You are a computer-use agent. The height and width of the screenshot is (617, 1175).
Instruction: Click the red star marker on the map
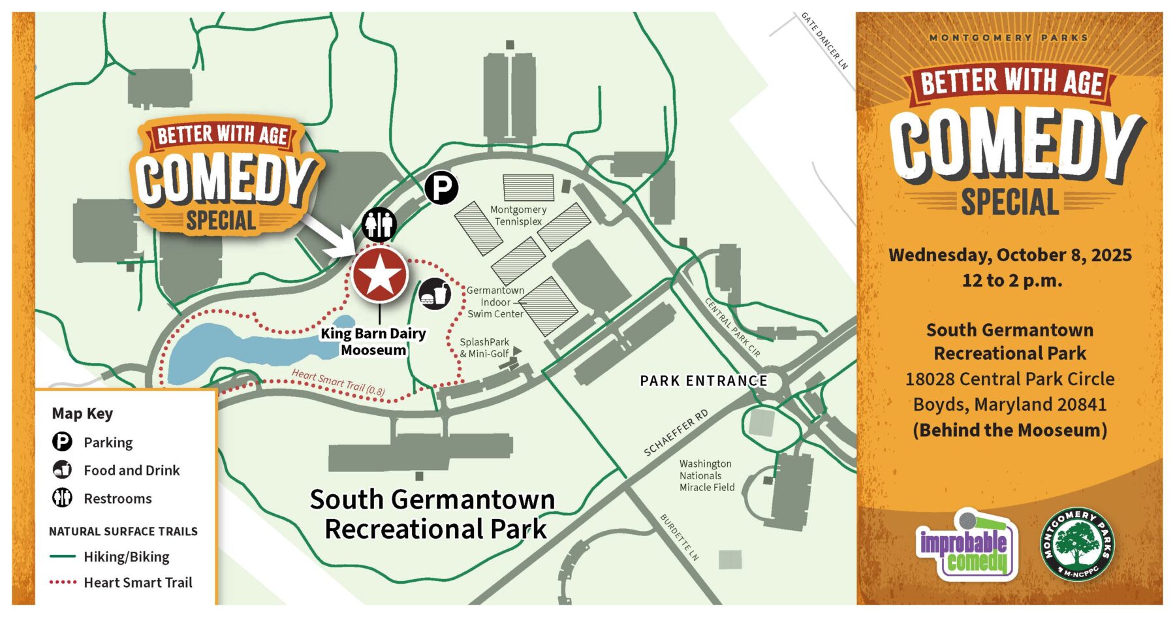(x=380, y=275)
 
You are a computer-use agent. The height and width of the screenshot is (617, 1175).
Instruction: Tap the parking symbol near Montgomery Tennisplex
(x=441, y=188)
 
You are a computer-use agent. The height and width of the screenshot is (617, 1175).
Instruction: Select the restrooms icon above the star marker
(x=379, y=225)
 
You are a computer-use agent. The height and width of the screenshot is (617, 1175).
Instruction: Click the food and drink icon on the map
(x=435, y=294)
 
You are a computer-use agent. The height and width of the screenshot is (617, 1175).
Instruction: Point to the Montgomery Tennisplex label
(x=518, y=215)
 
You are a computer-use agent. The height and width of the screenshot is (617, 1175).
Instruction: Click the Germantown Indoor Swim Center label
(x=495, y=302)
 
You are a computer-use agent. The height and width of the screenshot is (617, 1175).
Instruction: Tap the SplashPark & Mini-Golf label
(x=484, y=347)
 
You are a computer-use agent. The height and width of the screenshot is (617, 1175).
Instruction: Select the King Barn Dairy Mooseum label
(x=373, y=341)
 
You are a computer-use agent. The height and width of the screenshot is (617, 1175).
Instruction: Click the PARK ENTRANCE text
(x=703, y=381)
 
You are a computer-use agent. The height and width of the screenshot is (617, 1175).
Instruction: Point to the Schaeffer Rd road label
(x=676, y=433)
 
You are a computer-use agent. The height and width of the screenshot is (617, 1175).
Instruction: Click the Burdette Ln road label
(x=680, y=537)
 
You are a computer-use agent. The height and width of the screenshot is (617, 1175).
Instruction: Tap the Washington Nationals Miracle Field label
(x=706, y=475)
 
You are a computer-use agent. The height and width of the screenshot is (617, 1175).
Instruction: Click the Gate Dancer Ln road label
(x=824, y=40)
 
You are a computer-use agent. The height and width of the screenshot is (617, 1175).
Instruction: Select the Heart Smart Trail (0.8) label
(x=338, y=383)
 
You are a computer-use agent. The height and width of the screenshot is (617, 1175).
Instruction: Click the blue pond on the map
(x=248, y=353)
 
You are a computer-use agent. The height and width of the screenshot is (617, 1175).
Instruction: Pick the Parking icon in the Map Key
(x=62, y=442)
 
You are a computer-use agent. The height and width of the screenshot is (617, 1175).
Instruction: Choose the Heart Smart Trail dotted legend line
(x=63, y=582)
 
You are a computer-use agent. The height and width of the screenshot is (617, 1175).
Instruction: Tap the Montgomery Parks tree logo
(x=1077, y=545)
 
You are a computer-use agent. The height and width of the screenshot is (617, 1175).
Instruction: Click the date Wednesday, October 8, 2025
(x=1010, y=255)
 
